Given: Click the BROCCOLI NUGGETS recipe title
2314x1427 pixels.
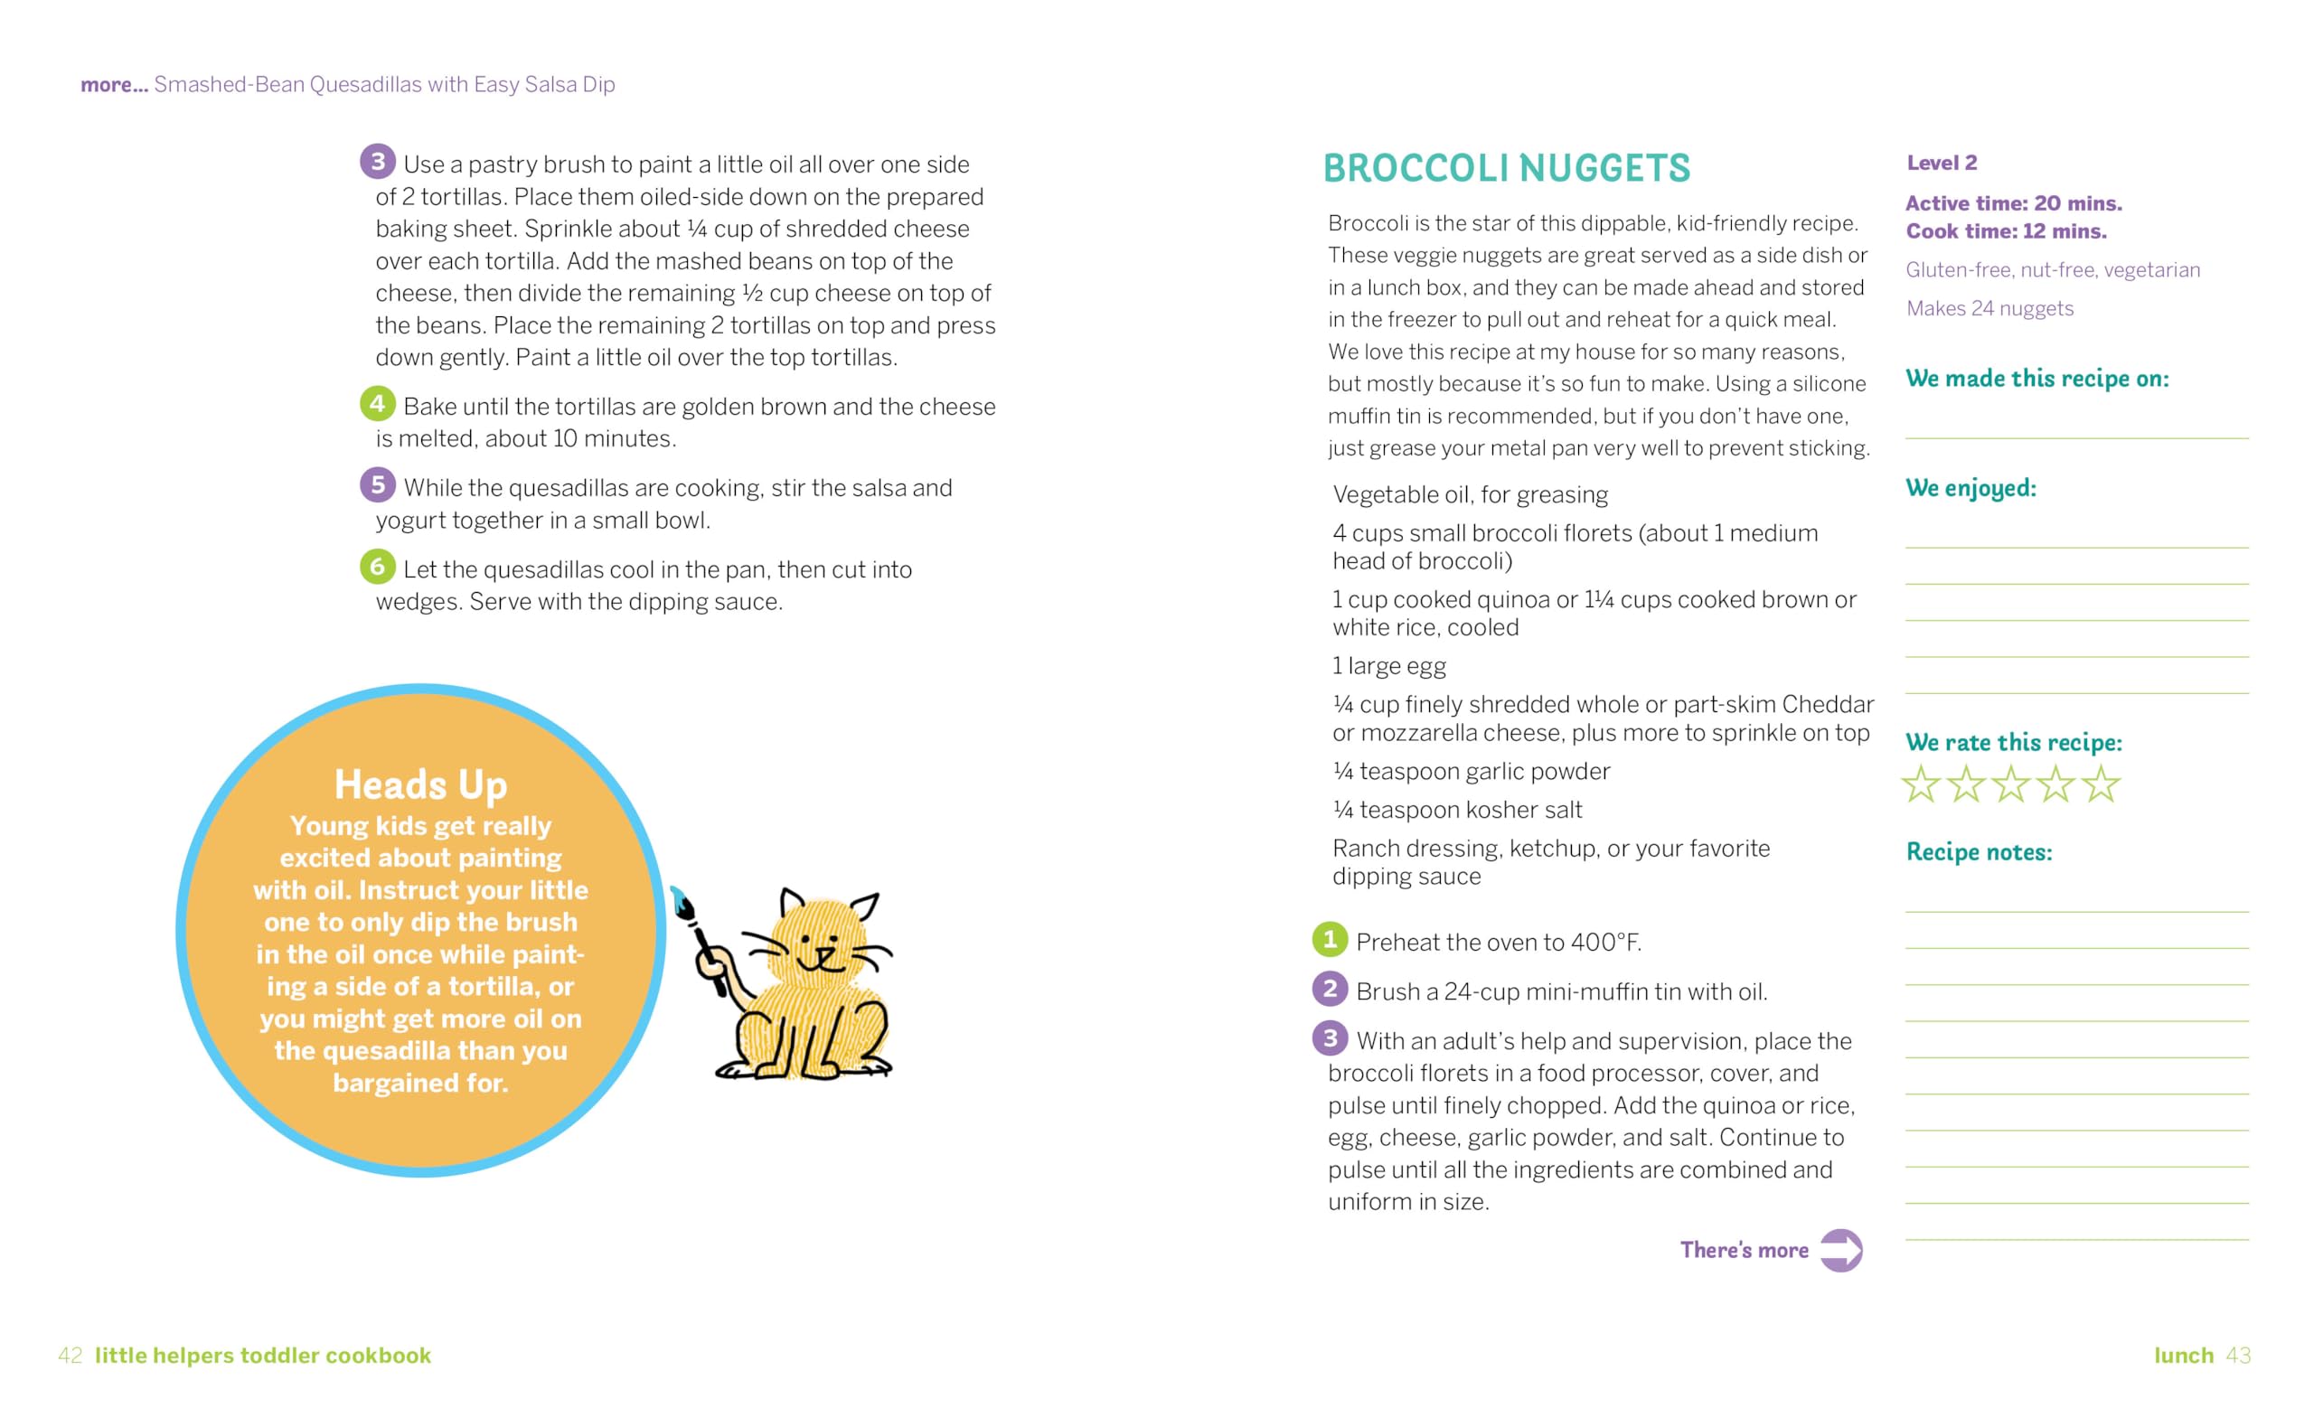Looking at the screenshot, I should [x=1505, y=169].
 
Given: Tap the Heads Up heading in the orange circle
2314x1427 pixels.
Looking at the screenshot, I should [x=421, y=784].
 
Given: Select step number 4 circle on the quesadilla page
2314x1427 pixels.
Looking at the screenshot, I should [x=377, y=404].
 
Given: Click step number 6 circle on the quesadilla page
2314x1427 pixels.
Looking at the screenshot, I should [x=377, y=567].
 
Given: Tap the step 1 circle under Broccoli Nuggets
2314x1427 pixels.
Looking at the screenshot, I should [x=1329, y=939].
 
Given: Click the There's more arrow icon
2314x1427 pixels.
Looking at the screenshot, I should [x=1840, y=1251].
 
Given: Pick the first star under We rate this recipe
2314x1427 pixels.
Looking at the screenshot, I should [x=1921, y=784].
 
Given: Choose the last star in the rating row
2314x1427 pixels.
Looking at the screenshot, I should [x=2101, y=784].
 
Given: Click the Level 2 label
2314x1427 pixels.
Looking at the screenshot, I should [x=1942, y=163].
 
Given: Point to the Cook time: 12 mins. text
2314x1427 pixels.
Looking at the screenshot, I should [x=2006, y=231].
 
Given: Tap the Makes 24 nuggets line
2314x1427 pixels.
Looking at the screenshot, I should [x=1989, y=308].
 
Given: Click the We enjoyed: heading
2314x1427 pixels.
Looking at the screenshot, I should [x=1971, y=488].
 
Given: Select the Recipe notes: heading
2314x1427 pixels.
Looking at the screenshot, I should [x=1979, y=852].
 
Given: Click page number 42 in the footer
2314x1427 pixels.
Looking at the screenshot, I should [x=70, y=1356].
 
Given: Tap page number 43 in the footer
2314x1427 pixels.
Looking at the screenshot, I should [x=2238, y=1356].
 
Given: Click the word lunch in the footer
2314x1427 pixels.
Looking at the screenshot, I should [x=2183, y=1356].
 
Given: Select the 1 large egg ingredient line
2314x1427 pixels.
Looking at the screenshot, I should [x=1388, y=666].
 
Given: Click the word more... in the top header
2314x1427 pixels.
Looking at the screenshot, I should [x=114, y=85].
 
